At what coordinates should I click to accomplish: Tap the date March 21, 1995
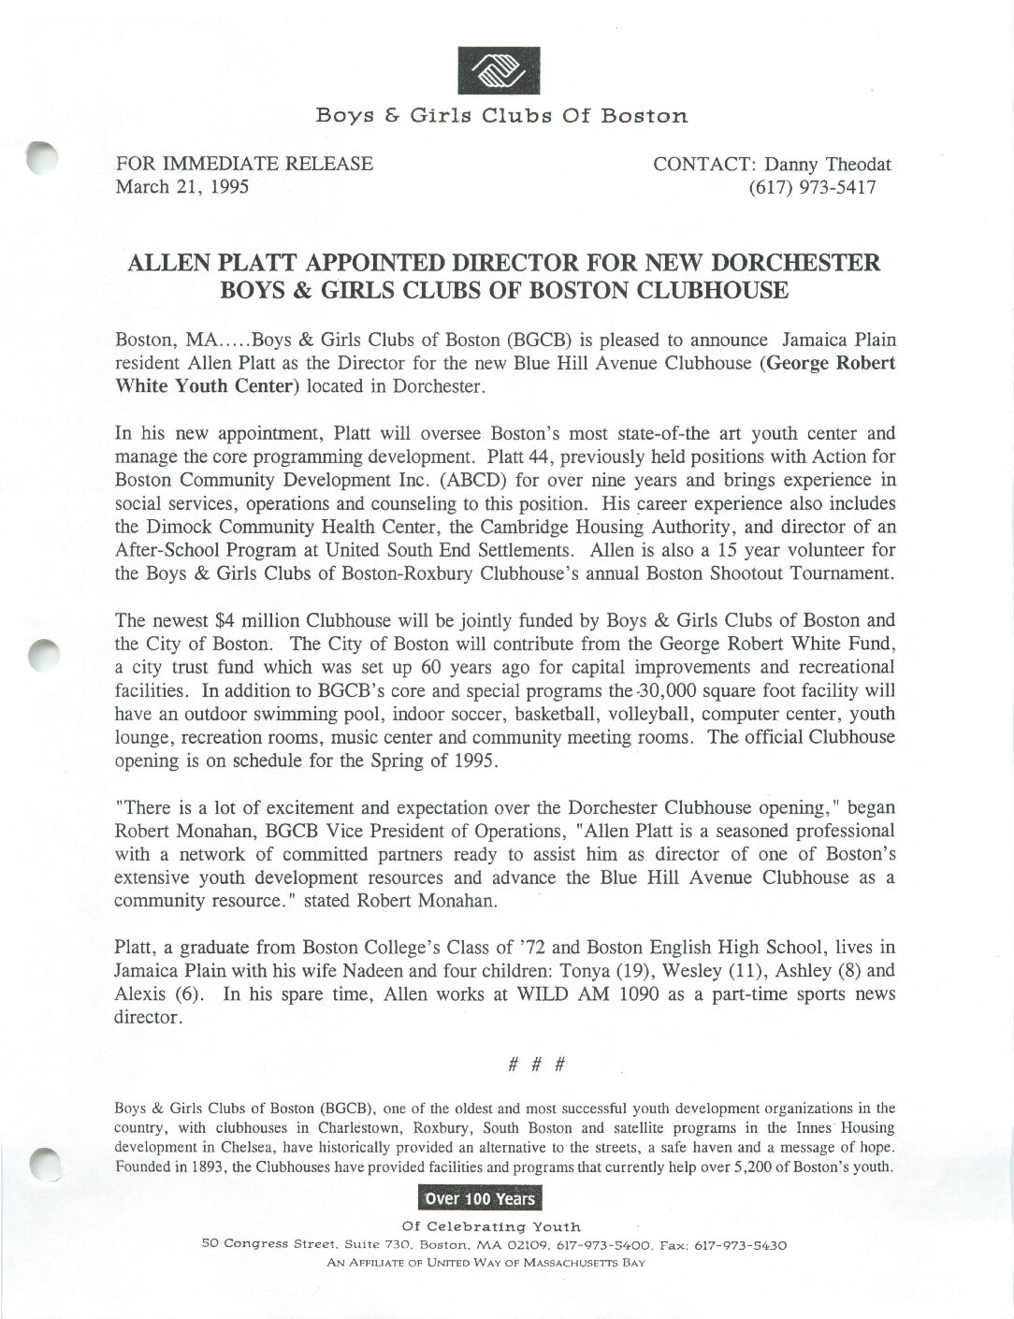click(x=181, y=187)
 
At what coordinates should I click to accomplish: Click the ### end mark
click(x=535, y=1065)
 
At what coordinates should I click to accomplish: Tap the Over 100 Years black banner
click(x=480, y=1199)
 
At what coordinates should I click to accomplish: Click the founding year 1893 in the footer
click(x=207, y=1167)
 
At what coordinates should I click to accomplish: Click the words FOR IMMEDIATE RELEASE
click(x=244, y=165)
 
